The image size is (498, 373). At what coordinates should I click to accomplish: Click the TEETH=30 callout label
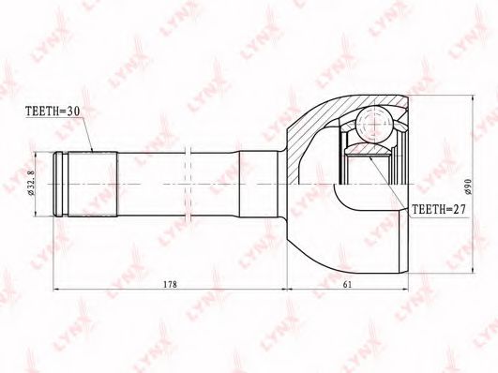53,111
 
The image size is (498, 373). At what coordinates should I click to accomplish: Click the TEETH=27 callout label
438,209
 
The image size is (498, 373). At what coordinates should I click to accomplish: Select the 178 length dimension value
170,284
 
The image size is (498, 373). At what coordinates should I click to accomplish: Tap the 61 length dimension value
347,284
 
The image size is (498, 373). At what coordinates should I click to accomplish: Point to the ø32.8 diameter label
31,184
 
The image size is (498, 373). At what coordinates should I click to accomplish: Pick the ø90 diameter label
468,186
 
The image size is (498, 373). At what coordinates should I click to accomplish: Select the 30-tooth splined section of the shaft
93,184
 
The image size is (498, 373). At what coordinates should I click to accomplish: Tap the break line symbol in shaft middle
188,184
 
